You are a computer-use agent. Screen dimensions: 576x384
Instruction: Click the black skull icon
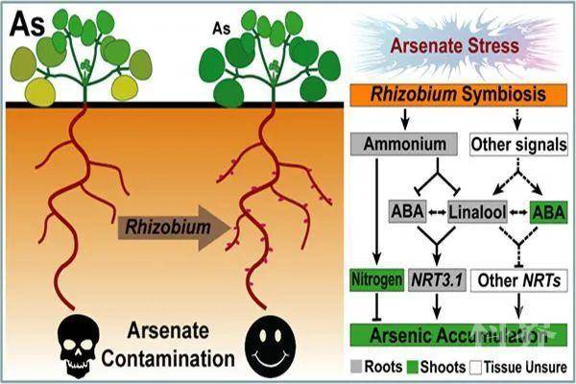(x=79, y=346)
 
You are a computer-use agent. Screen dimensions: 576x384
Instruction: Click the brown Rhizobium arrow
(x=174, y=228)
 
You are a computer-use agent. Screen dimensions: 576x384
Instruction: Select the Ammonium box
(x=404, y=144)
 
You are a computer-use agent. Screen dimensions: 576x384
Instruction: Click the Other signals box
(x=518, y=144)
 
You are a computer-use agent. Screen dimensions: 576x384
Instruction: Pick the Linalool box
(x=477, y=212)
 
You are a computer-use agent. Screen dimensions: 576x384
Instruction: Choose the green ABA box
(x=549, y=212)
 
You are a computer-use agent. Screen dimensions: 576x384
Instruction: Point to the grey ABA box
(x=408, y=211)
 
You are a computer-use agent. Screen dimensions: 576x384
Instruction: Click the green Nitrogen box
(x=376, y=280)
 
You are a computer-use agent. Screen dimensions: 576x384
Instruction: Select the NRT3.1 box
(x=437, y=280)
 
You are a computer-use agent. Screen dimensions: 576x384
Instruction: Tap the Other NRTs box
(x=518, y=280)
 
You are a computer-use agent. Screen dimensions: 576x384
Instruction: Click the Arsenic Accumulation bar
(x=459, y=335)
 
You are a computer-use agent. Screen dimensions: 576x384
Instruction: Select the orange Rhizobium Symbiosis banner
(x=459, y=95)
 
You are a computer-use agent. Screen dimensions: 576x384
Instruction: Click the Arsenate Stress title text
(x=455, y=46)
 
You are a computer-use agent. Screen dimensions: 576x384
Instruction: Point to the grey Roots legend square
(x=356, y=367)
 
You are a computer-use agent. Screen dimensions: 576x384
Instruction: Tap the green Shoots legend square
(x=413, y=367)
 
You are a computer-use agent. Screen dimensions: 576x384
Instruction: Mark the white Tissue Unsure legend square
(x=476, y=367)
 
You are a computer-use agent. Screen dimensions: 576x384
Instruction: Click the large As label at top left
(x=27, y=24)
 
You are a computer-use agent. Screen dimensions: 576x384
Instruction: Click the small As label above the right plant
(x=221, y=29)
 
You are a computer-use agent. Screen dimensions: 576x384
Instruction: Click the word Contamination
(x=168, y=359)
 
